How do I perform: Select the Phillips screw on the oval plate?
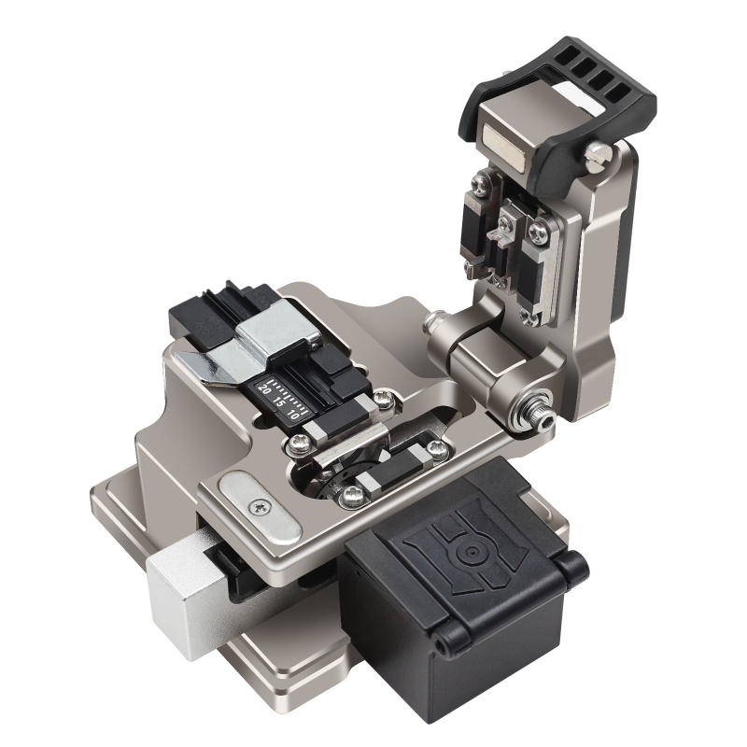(x=260, y=506)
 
